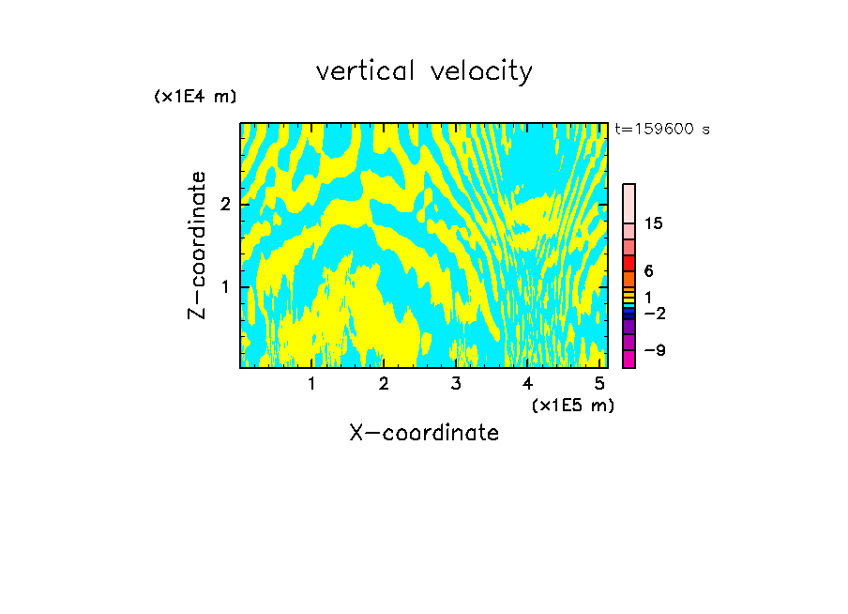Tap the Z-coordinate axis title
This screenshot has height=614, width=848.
197,245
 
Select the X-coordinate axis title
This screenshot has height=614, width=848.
424,433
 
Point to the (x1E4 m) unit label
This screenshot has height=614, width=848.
195,97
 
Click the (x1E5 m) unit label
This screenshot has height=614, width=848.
572,405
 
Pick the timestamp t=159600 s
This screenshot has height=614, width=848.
662,130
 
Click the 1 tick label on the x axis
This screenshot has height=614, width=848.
311,383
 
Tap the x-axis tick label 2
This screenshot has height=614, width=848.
384,383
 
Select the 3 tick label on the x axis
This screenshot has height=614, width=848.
455,383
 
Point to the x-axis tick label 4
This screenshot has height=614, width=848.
527,383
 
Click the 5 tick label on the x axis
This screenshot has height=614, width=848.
599,383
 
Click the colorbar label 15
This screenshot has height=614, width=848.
654,223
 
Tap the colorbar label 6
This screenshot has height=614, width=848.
649,270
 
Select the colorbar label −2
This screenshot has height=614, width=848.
654,314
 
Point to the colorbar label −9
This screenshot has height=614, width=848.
654,350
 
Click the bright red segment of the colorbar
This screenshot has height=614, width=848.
628,263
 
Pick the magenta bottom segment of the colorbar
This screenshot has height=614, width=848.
628,358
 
